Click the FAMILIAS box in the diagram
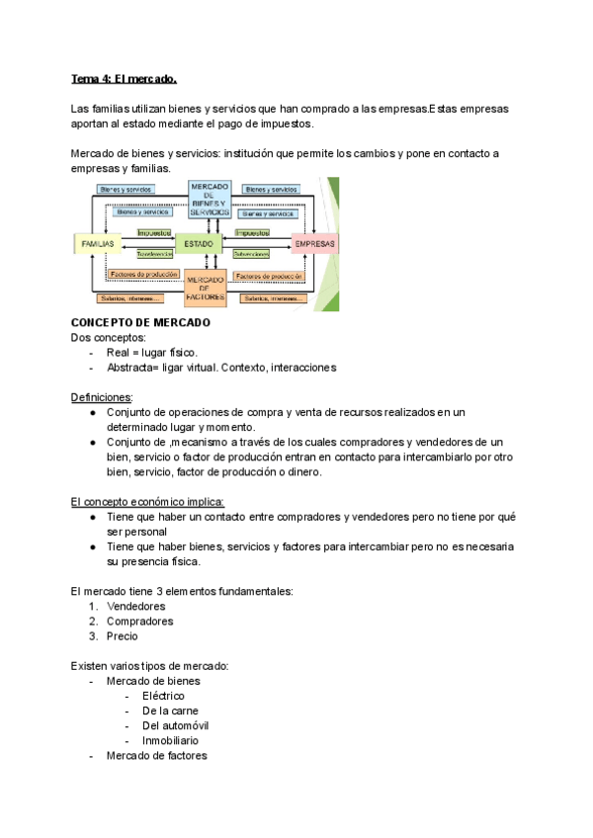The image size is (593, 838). (x=97, y=243)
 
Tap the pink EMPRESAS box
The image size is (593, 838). (x=314, y=243)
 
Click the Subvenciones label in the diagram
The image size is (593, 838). (x=251, y=254)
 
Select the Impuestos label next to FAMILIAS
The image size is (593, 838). (x=153, y=233)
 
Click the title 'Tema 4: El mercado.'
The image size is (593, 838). (x=124, y=78)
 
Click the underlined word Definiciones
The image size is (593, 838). (x=102, y=397)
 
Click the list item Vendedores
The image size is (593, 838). (x=136, y=606)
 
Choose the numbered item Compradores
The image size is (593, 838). (x=140, y=622)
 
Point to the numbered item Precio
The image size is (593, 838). (x=123, y=636)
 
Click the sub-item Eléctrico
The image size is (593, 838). (x=163, y=696)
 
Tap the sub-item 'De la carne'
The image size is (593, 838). (x=170, y=711)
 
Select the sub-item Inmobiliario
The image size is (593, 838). (x=170, y=740)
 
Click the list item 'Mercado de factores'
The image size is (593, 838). (x=156, y=756)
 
